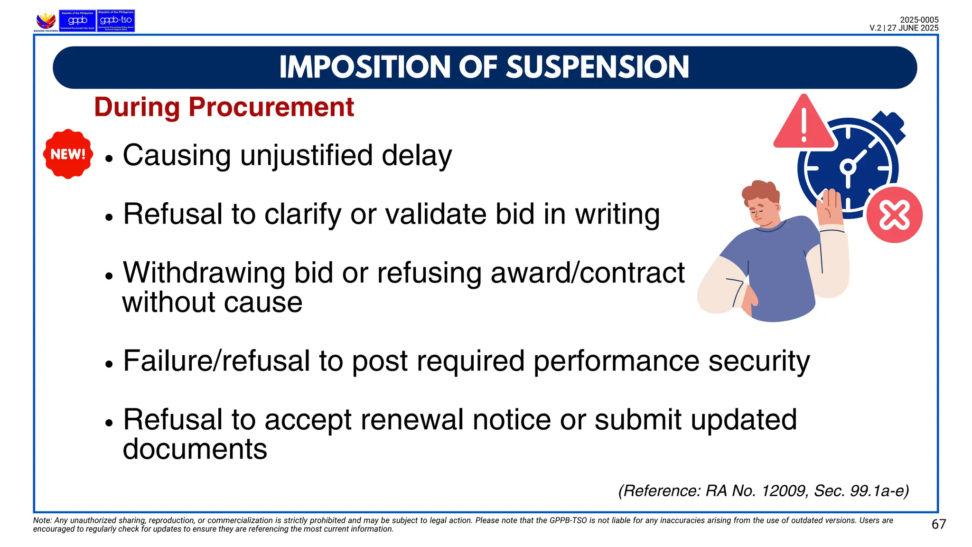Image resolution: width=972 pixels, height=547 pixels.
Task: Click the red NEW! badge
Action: click(68, 154)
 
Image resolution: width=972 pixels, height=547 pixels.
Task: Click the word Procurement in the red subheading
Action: click(271, 107)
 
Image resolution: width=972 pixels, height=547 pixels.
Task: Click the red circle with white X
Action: click(894, 215)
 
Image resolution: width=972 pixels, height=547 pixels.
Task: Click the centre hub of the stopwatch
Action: click(848, 167)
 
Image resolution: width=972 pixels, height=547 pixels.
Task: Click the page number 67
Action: click(938, 524)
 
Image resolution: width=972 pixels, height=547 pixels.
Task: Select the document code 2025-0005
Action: click(919, 20)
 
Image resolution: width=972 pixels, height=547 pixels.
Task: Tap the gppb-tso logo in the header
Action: click(116, 21)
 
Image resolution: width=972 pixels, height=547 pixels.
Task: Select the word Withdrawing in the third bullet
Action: click(204, 273)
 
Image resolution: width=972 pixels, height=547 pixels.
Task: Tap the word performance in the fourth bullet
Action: click(616, 361)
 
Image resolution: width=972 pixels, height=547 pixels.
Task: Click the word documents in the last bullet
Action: click(195, 449)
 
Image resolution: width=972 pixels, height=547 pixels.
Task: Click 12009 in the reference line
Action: click(783, 490)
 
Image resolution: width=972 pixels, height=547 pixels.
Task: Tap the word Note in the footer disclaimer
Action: click(41, 520)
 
